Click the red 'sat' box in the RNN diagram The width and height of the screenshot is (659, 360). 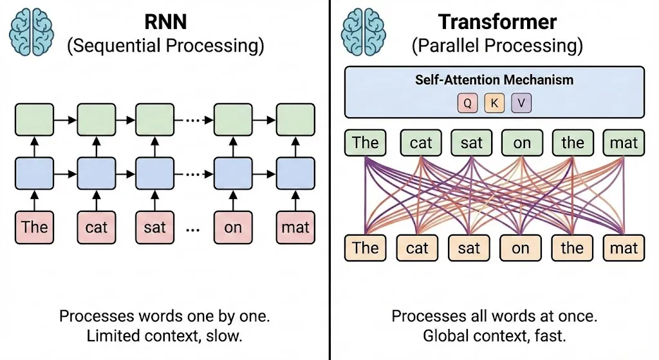[154, 227]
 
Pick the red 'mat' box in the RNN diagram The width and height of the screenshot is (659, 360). [295, 227]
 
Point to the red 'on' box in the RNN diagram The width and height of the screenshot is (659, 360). [232, 227]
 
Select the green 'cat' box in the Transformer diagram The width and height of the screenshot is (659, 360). [421, 142]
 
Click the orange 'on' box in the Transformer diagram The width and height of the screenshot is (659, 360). [521, 248]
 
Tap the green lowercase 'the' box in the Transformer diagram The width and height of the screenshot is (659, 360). [572, 142]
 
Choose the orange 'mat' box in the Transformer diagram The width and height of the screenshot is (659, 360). [623, 248]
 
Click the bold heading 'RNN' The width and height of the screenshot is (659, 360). [165, 22]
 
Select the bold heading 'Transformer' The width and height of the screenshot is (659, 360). [496, 22]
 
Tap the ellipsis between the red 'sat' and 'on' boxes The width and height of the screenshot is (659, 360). [191, 228]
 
